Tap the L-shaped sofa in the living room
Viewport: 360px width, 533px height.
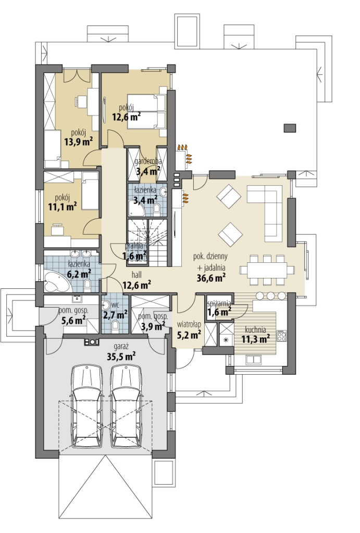pyautogui.click(x=265, y=211)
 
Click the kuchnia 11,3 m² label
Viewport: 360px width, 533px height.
pyautogui.click(x=256, y=334)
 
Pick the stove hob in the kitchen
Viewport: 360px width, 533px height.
pyautogui.click(x=281, y=336)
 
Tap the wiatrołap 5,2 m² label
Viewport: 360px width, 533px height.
pyautogui.click(x=189, y=330)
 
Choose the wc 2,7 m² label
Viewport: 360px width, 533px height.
pyautogui.click(x=116, y=310)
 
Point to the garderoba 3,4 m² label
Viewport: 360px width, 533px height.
pyautogui.click(x=148, y=166)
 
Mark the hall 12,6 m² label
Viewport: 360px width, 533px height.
pyautogui.click(x=137, y=280)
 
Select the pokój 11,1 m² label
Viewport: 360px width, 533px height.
pyautogui.click(x=63, y=202)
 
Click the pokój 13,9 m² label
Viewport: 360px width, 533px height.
pyautogui.click(x=79, y=137)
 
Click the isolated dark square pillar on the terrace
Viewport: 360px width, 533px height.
pyautogui.click(x=290, y=128)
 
